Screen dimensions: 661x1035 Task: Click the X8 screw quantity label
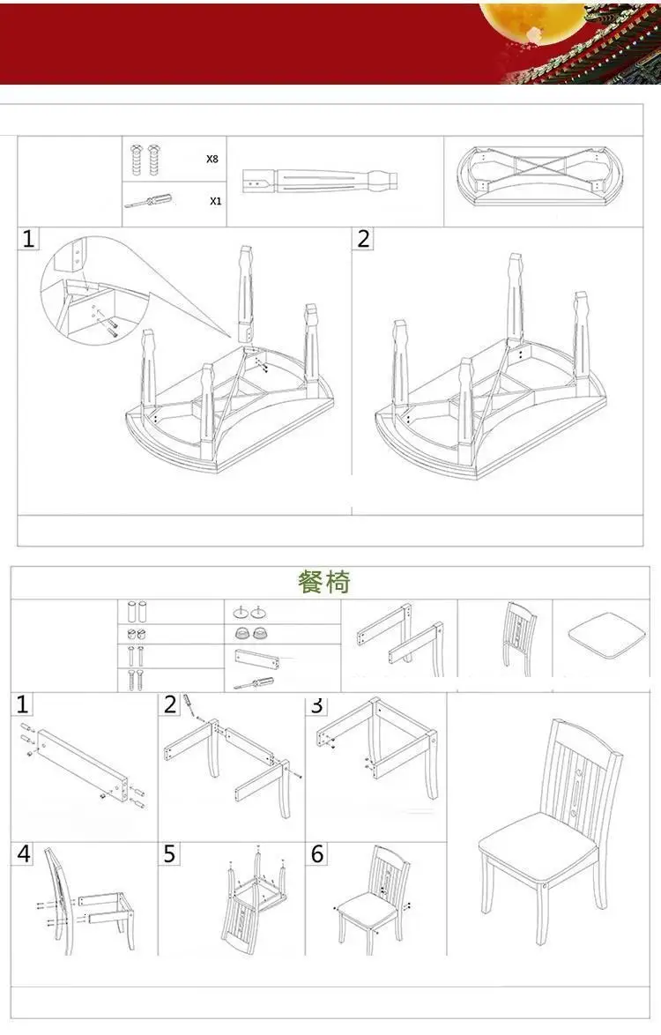[x=212, y=159]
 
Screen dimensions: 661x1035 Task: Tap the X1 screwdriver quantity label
[x=216, y=201]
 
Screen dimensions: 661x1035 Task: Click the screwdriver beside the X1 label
[x=148, y=201]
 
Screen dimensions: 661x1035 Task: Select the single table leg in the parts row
[x=321, y=180]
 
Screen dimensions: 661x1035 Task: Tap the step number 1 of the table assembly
[x=27, y=238]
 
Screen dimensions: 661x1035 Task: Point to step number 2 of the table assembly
[x=363, y=238]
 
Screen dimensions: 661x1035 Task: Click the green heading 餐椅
[x=323, y=582]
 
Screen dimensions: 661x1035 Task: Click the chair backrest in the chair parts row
[x=518, y=637]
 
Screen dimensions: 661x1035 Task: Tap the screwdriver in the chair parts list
[x=255, y=683]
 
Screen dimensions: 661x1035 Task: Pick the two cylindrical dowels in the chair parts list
[x=137, y=611]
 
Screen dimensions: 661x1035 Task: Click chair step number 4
[x=24, y=854]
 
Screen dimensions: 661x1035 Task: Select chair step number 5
[x=169, y=854]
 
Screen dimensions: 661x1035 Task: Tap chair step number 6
[x=317, y=854]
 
